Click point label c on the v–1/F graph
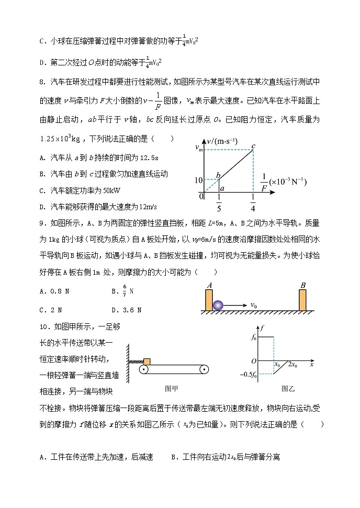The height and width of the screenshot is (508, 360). click(253, 145)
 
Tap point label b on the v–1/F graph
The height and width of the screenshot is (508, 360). click(219, 173)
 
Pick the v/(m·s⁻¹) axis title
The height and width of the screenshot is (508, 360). click(222, 141)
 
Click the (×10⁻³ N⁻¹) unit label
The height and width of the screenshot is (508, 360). click(288, 182)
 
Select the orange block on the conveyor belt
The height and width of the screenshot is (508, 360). click(147, 362)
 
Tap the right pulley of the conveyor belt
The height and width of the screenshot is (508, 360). click(205, 370)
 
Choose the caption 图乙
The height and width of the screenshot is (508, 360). click(288, 388)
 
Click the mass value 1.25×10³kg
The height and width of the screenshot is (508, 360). click(63, 139)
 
